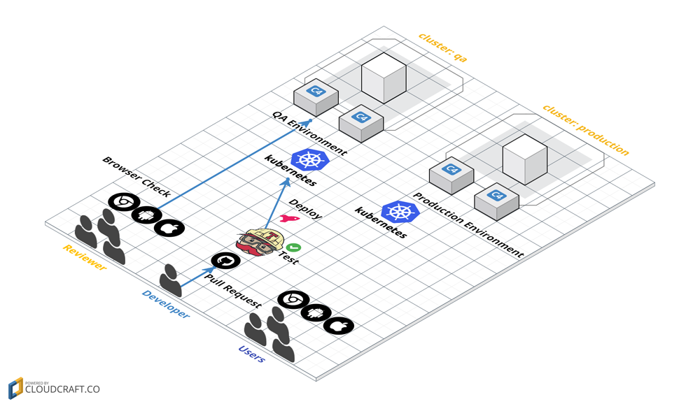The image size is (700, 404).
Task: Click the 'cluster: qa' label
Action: coord(442,48)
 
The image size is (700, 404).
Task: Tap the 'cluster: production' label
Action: coord(585,130)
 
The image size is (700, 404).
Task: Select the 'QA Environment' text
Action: coord(309,132)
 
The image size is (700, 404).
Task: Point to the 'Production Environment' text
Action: coord(468,225)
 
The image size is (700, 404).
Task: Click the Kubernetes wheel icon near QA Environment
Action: coord(309,159)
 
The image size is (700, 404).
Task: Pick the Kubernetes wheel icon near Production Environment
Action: coord(400,212)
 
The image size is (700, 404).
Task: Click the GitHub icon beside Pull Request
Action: coord(225,261)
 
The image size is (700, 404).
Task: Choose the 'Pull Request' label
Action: coord(232,291)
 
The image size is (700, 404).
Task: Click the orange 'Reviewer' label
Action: coord(84,257)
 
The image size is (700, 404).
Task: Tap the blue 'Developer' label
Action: coord(165,304)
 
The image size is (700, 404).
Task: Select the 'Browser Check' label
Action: coord(136,176)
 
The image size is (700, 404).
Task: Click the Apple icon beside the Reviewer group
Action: coord(169,228)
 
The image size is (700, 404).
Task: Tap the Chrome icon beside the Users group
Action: coord(293,300)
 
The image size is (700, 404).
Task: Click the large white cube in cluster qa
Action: coord(384,75)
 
